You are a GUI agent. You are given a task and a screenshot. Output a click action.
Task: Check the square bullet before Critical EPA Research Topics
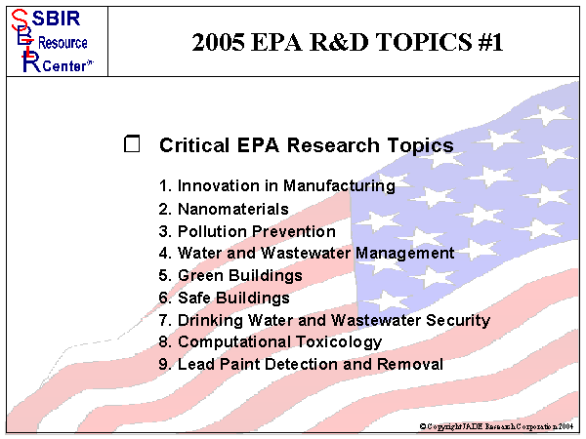(x=133, y=144)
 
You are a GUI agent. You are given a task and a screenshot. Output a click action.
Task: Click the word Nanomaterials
(x=232, y=209)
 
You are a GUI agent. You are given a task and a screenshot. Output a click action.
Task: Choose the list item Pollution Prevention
(x=256, y=231)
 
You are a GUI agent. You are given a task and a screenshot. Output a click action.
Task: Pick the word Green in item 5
(x=200, y=275)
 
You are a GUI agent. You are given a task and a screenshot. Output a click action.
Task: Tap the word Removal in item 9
(x=413, y=365)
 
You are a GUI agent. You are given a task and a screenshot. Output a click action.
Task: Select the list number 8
(x=164, y=342)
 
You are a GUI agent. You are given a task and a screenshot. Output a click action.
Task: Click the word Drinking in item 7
(x=209, y=320)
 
